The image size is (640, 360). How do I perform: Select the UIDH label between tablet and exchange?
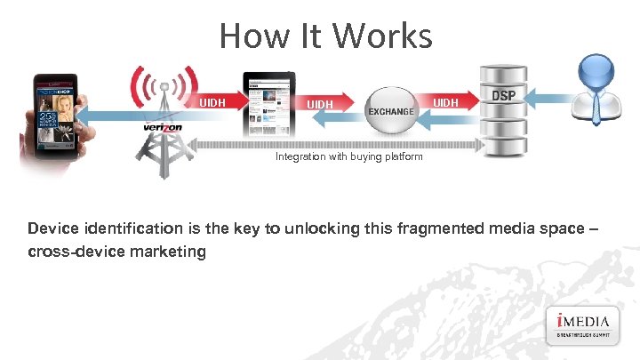[x=320, y=105]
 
